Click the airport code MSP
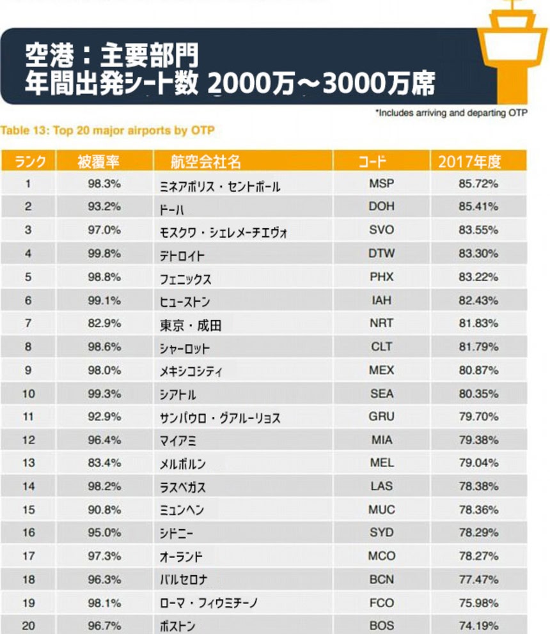[x=381, y=184]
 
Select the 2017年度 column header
[x=469, y=162]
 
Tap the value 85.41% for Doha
[x=478, y=207]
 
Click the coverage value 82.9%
[x=104, y=323]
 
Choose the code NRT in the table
[x=381, y=323]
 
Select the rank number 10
[x=29, y=394]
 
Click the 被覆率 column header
[x=98, y=162]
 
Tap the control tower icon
[x=515, y=38]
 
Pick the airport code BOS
[x=381, y=626]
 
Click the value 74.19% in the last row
[x=478, y=626]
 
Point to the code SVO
[x=381, y=230]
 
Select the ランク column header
[x=30, y=162]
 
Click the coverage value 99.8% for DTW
[x=104, y=254]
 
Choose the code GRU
[x=381, y=417]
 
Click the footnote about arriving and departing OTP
[x=451, y=113]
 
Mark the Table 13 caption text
[x=107, y=131]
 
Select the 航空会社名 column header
[x=206, y=162]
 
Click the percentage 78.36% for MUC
[x=478, y=510]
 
